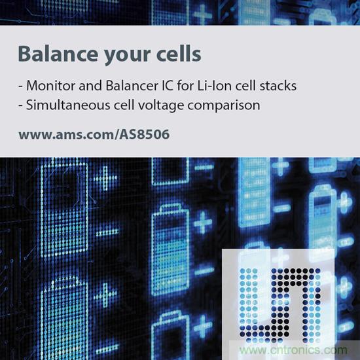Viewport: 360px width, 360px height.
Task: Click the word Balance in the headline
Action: pos(58,54)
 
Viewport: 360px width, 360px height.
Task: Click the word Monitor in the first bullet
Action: pos(51,86)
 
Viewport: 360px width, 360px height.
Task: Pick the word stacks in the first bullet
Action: pos(278,86)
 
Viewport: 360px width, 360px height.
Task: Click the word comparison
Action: pos(224,106)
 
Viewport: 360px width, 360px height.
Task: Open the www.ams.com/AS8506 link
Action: pos(94,135)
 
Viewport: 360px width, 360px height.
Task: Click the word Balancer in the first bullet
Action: pos(131,86)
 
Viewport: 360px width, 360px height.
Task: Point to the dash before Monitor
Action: pos(21,87)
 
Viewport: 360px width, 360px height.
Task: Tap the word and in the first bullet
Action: pos(90,86)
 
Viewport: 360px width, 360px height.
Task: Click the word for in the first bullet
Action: pos(185,86)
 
